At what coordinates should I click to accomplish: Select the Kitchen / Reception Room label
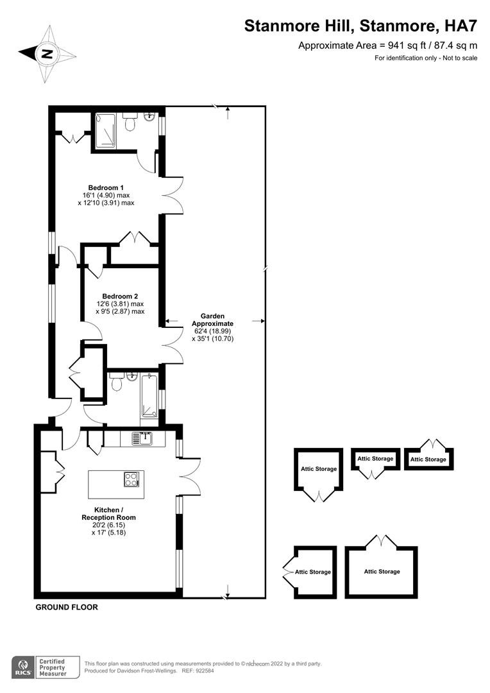[108, 513]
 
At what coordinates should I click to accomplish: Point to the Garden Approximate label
[212, 320]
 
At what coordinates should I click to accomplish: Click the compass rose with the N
[47, 54]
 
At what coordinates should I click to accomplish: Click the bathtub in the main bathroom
[149, 397]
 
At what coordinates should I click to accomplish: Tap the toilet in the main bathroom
[116, 383]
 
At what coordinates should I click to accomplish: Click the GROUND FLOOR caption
[67, 607]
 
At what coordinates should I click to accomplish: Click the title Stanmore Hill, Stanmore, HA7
[360, 26]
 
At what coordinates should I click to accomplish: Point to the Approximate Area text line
[388, 46]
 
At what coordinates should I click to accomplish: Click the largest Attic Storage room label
[382, 571]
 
